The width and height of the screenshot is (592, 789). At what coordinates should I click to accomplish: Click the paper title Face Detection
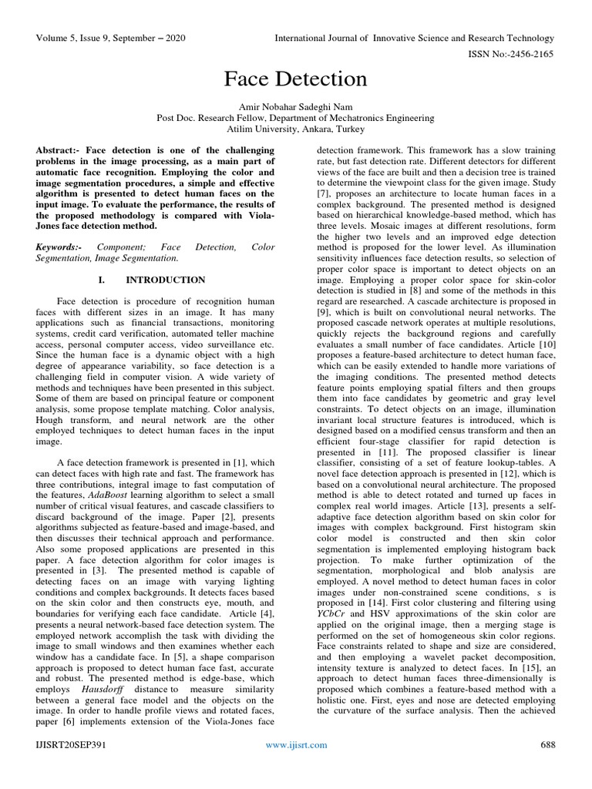point(296,79)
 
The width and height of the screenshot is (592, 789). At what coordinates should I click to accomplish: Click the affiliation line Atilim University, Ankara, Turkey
point(296,130)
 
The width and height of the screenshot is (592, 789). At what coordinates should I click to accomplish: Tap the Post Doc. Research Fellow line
point(296,119)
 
